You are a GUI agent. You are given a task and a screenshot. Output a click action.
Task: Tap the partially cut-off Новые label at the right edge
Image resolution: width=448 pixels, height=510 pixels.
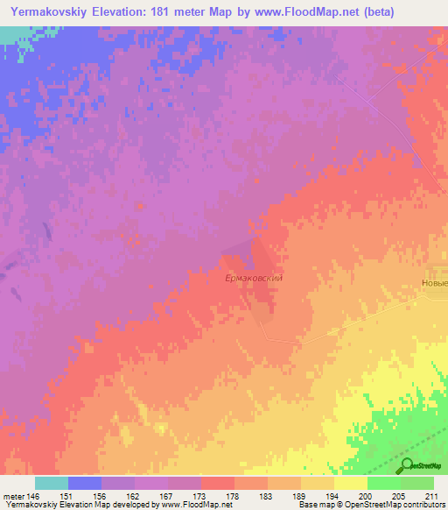(x=432, y=282)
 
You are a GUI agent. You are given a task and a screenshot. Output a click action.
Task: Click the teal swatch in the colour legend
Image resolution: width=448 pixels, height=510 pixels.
(x=52, y=483)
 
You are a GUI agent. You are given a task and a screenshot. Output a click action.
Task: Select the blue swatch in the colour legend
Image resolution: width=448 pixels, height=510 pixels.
(x=85, y=483)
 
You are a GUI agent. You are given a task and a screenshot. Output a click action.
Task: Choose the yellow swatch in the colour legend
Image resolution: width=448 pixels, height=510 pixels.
(x=351, y=483)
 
